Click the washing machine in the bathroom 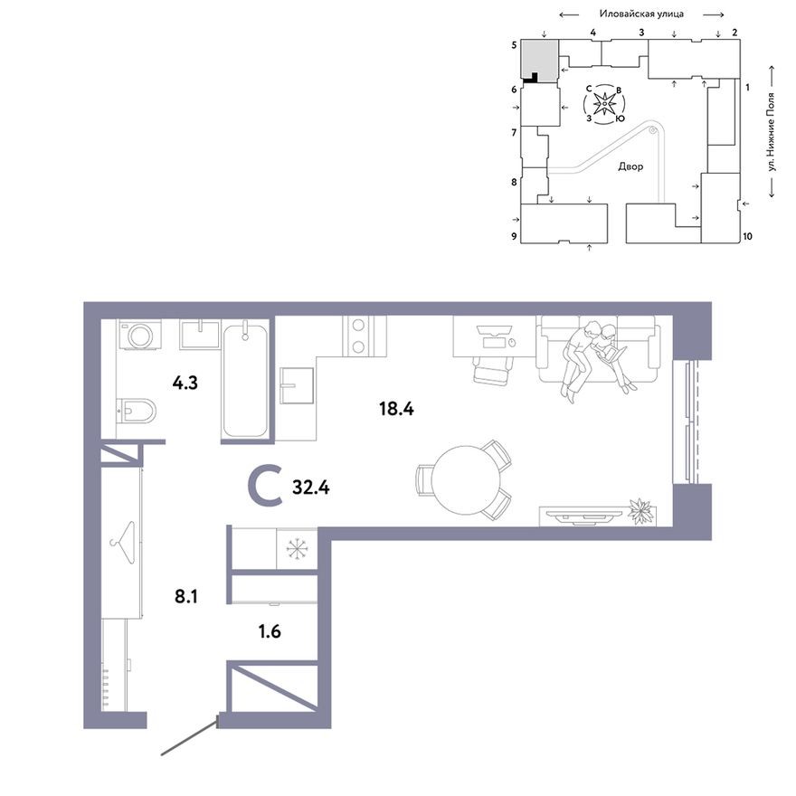[x=141, y=336]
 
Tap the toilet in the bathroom [x=138, y=412]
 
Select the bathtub [x=245, y=380]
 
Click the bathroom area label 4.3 [x=185, y=382]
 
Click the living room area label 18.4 [x=396, y=408]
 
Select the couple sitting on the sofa [x=594, y=355]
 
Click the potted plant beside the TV [x=642, y=510]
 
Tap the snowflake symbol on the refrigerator [x=297, y=549]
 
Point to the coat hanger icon [x=121, y=541]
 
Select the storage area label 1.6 [x=270, y=631]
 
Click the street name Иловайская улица [x=641, y=14]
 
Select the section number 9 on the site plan [x=513, y=237]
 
